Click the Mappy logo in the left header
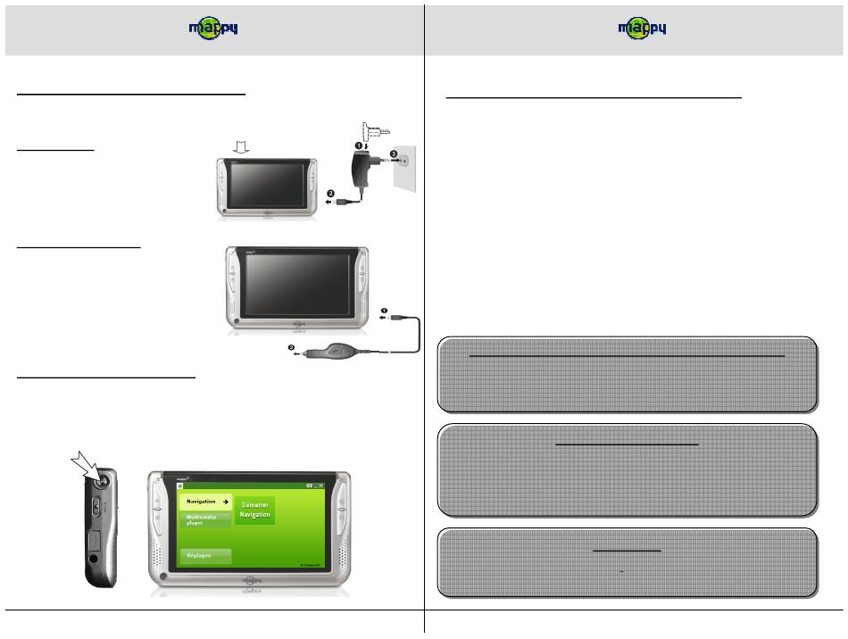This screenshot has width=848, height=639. coord(212,29)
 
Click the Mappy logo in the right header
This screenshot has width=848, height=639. coord(641,29)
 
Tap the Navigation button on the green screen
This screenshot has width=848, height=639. coord(204,502)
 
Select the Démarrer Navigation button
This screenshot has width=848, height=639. coord(255,510)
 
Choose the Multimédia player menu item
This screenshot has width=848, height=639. coord(204,520)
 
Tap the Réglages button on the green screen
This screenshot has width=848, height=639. coord(204,555)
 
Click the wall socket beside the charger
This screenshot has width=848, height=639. coord(404,162)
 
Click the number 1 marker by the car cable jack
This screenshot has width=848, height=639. coord(385,312)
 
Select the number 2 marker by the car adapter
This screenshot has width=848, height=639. coord(290,348)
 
